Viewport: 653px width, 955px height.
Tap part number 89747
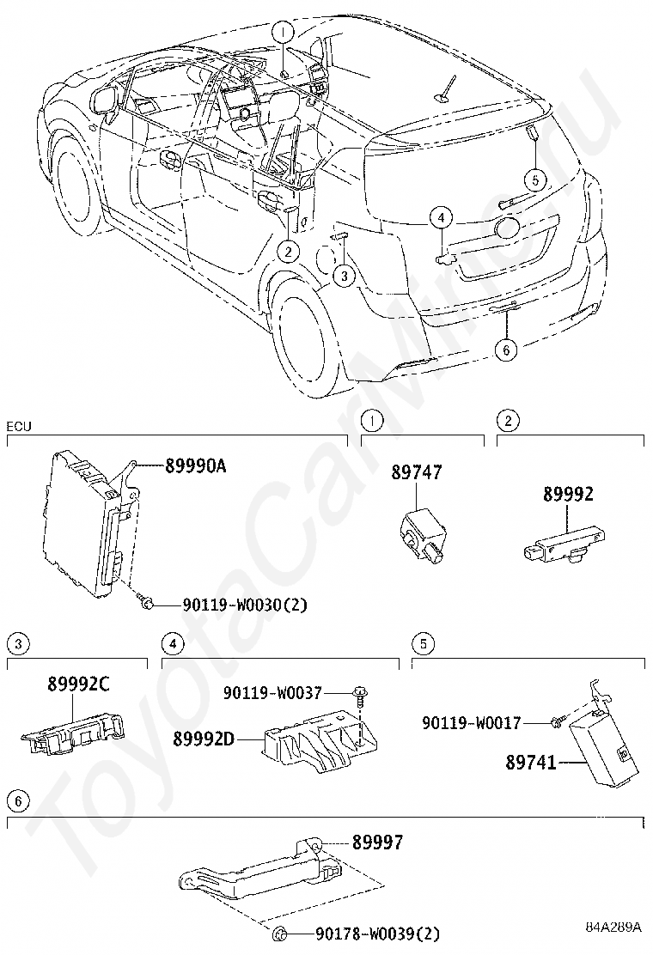tap(417, 472)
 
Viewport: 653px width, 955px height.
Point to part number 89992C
tap(78, 684)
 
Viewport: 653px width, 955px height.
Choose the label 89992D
tap(203, 738)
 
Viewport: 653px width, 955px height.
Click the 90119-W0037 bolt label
tap(272, 691)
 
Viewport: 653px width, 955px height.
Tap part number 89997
tap(376, 843)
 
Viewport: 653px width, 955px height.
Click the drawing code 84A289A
tap(613, 928)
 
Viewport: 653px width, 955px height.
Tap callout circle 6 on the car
tap(507, 349)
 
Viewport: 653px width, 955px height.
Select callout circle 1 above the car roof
tap(283, 33)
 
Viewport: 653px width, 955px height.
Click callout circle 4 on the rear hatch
tap(440, 219)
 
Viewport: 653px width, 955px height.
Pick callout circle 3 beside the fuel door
tap(343, 275)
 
